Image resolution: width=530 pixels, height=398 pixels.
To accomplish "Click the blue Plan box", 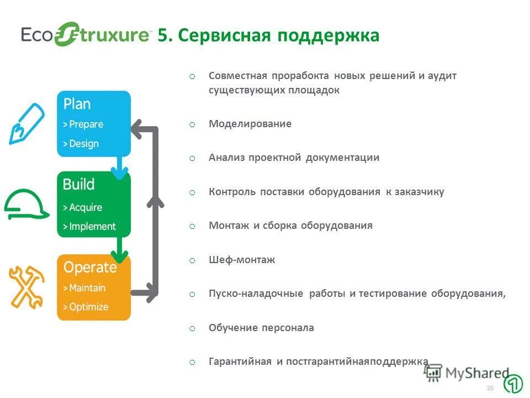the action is click(94, 124).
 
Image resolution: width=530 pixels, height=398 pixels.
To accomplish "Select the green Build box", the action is click(94, 205).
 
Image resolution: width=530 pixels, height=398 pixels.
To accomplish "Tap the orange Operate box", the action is click(94, 287).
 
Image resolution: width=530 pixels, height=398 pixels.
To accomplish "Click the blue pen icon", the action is click(26, 123).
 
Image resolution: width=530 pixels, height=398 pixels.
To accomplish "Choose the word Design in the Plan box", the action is click(84, 144).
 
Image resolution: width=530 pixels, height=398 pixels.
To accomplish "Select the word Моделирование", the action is click(250, 124).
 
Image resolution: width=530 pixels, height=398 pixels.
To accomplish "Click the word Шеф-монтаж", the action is click(241, 260).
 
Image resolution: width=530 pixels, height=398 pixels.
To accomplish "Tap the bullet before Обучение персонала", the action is click(192, 328).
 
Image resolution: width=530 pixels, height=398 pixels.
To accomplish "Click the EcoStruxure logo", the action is click(86, 34).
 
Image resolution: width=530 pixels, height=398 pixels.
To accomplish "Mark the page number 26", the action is click(490, 389).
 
